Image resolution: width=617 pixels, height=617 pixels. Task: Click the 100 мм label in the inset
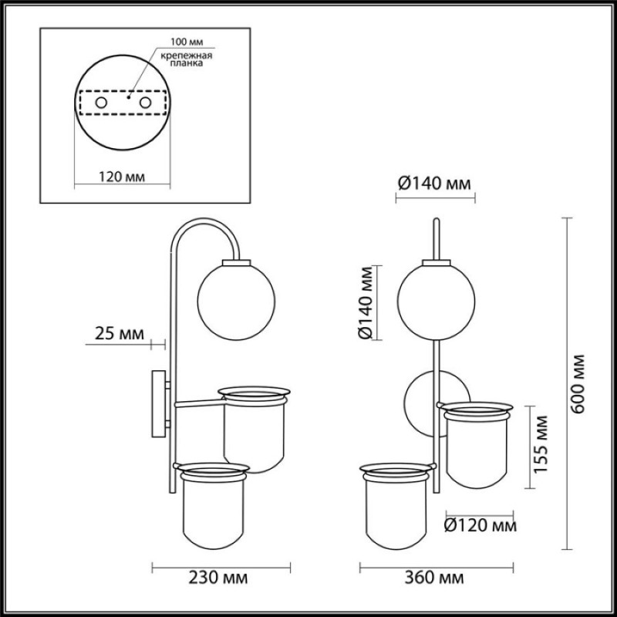[x=187, y=42]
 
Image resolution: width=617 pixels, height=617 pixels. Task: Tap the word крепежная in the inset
[x=187, y=56]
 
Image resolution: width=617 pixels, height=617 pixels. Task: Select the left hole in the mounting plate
[x=101, y=103]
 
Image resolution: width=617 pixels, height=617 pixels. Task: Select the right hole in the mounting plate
[x=145, y=103]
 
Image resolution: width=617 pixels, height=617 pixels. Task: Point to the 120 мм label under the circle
[x=122, y=177]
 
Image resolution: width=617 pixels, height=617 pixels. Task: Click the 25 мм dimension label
[x=120, y=334]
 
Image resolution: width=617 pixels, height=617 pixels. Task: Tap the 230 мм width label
[x=218, y=578]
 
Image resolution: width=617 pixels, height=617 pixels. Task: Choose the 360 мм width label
[x=434, y=578]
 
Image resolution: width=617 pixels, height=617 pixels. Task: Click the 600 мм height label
[x=578, y=383]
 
